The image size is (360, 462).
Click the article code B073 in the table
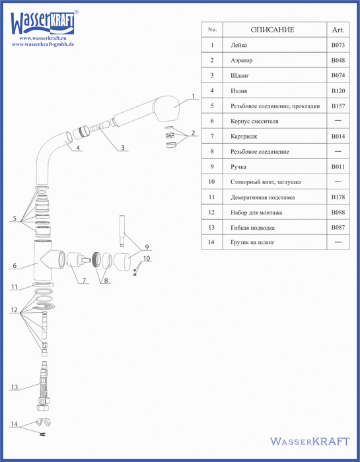point(338,45)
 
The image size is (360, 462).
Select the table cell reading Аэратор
point(242,61)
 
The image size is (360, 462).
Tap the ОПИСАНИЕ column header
point(272,30)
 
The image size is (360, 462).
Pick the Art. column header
point(338,30)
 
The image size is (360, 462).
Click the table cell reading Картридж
point(244,137)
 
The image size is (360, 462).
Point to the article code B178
point(338,197)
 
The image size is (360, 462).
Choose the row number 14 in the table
point(211,242)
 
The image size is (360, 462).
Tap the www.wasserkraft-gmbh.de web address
point(43,44)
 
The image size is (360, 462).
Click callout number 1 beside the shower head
point(193,96)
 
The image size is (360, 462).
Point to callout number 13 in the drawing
point(15,387)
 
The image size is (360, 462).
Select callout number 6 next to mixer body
point(15,265)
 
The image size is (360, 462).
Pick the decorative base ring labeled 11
point(44,284)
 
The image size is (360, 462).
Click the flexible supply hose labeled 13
point(43,385)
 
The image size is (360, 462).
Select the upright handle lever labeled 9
point(123,231)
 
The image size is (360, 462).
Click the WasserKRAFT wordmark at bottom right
point(310,442)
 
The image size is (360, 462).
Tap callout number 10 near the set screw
point(147,259)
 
